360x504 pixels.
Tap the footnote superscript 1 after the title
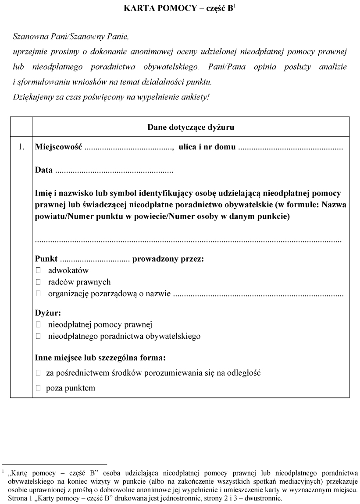[x=235, y=6]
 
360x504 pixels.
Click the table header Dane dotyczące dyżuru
[x=190, y=128]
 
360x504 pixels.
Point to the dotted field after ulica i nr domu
[x=290, y=148]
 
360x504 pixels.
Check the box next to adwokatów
[x=38, y=270]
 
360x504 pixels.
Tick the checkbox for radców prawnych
[x=38, y=282]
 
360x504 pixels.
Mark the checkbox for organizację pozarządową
[x=38, y=294]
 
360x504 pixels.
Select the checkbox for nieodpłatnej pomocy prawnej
[x=38, y=325]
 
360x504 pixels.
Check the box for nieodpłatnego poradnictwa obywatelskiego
[x=38, y=336]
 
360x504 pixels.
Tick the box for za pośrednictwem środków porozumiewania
[x=38, y=373]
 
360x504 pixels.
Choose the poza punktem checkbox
[x=38, y=388]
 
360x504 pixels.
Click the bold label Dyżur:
[x=48, y=313]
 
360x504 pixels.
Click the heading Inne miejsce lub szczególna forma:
[x=100, y=358]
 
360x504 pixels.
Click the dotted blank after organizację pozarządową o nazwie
[x=258, y=294]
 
